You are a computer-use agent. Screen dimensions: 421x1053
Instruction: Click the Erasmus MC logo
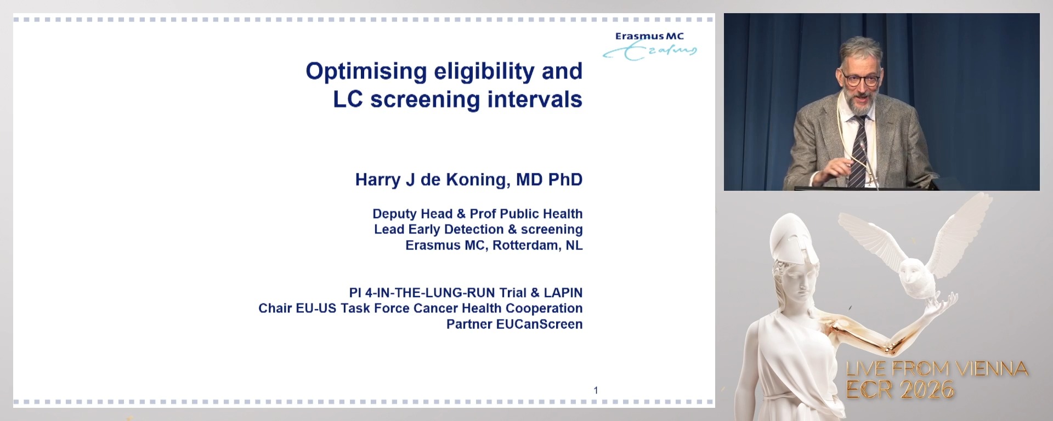[650, 45]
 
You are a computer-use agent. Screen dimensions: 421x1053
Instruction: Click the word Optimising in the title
[366, 72]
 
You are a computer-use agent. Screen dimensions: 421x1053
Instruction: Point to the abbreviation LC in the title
[348, 100]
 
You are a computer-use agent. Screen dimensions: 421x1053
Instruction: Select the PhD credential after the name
[565, 180]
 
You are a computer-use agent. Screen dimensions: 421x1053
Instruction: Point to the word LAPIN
[563, 293]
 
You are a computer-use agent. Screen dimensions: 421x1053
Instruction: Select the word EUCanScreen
[539, 324]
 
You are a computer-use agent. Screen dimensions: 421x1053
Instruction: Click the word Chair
[275, 309]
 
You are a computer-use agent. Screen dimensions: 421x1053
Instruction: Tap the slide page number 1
[596, 390]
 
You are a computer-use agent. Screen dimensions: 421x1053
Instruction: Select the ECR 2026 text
[900, 390]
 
